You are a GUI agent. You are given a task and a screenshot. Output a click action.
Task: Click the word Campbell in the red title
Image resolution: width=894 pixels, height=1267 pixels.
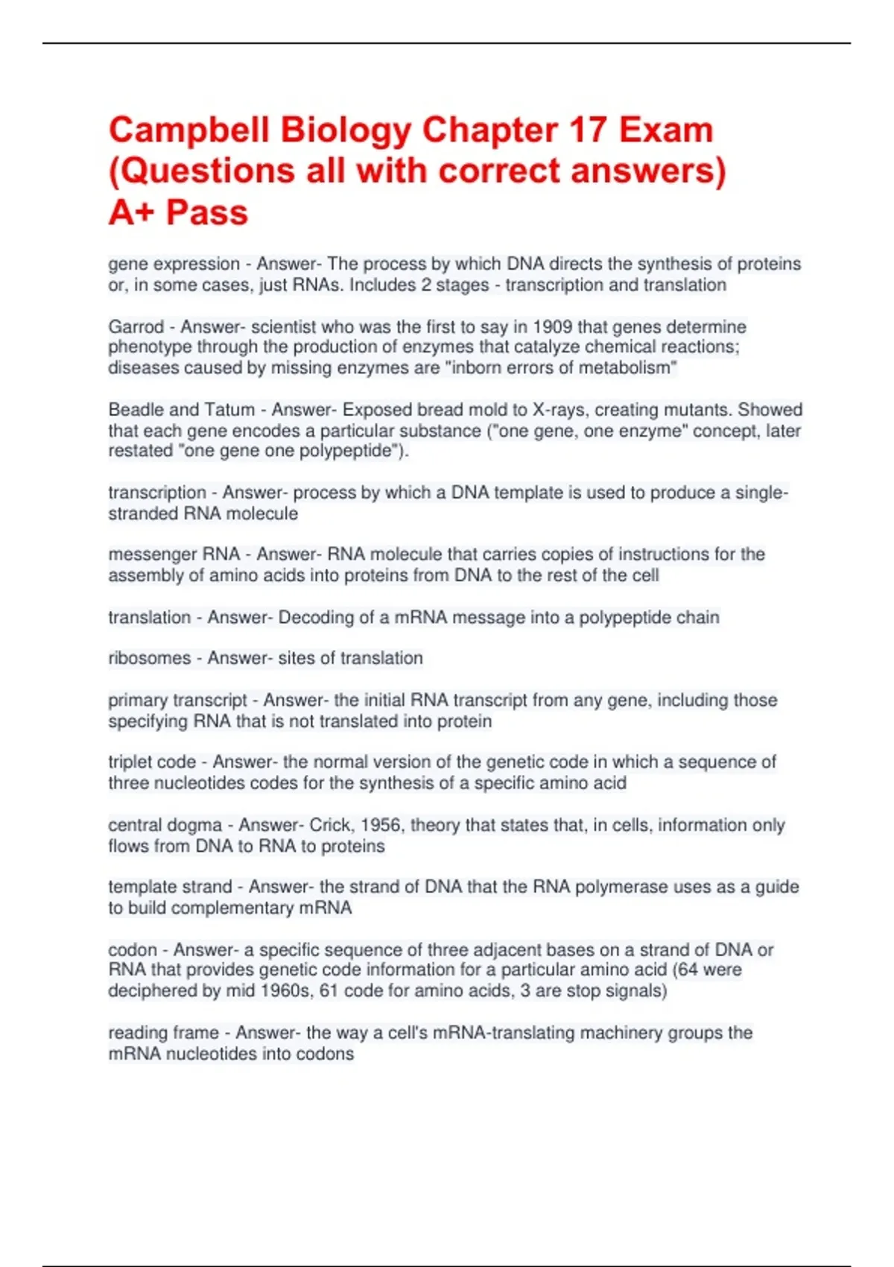(189, 130)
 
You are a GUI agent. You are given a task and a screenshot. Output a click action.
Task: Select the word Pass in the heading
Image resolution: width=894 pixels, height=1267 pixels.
(206, 212)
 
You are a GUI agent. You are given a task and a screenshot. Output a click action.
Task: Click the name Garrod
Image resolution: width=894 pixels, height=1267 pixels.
(136, 326)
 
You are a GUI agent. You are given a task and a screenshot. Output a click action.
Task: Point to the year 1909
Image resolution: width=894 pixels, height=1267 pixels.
(552, 326)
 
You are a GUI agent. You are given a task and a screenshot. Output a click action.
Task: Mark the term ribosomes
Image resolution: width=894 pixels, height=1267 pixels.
(149, 658)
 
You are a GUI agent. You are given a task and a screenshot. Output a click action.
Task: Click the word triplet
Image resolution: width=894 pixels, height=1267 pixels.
(130, 762)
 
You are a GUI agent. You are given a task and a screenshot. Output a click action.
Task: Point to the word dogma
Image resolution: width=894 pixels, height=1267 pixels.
(196, 825)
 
